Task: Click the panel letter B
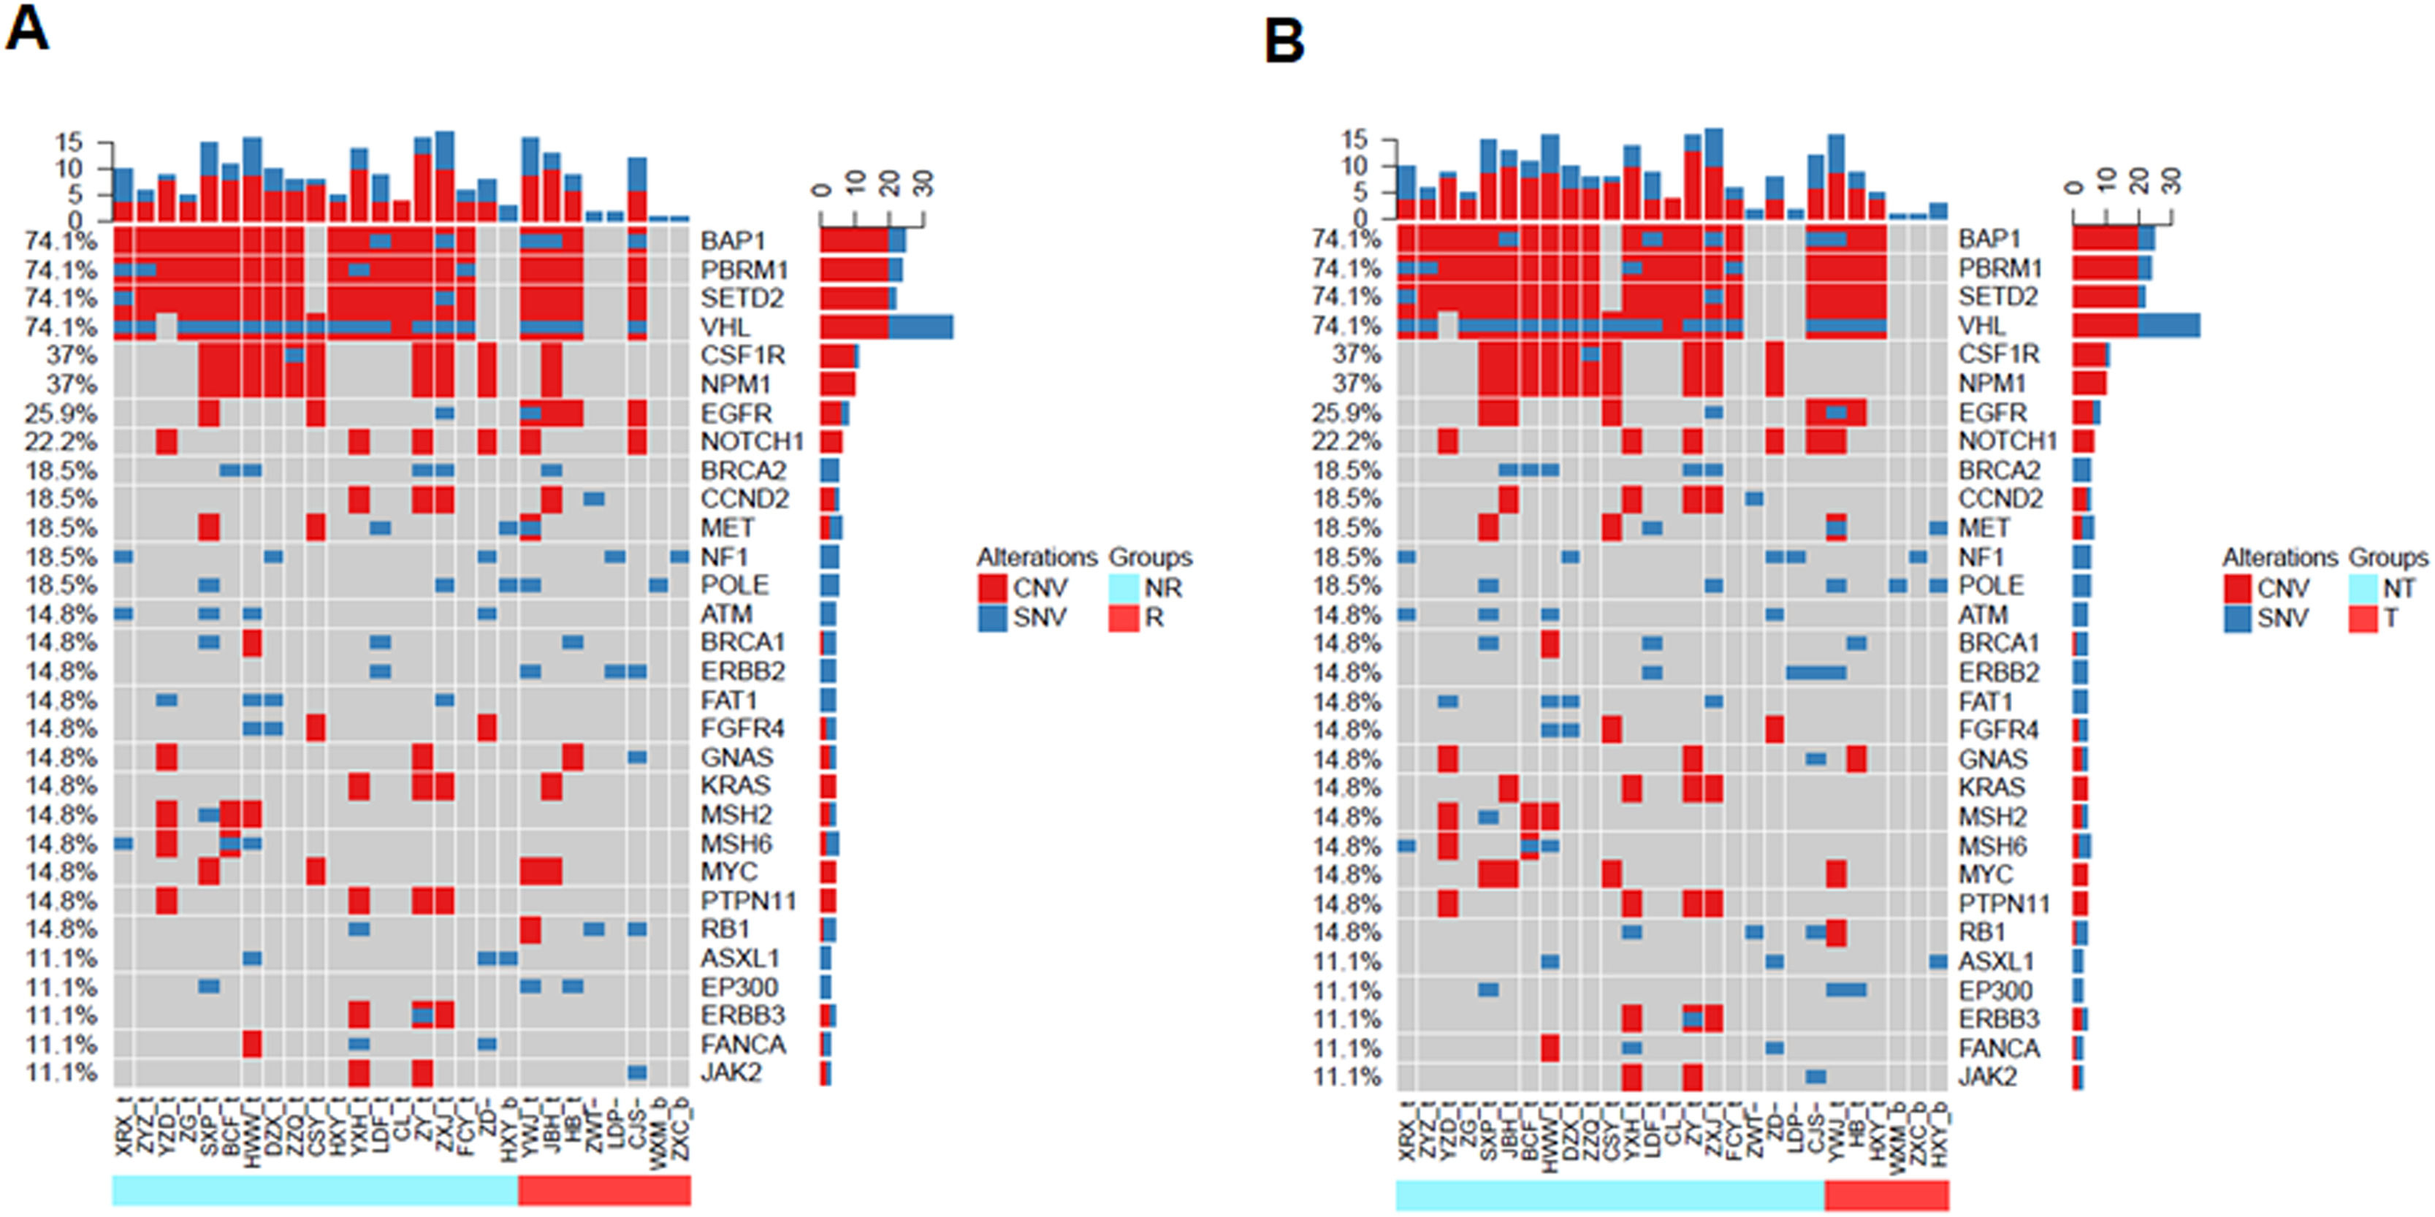[1284, 41]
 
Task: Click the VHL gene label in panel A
[725, 327]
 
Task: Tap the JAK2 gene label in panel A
[730, 1072]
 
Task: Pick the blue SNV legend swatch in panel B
[2236, 619]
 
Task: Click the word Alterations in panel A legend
[1036, 557]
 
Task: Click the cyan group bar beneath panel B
[1609, 1194]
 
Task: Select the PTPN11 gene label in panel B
[2003, 904]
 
